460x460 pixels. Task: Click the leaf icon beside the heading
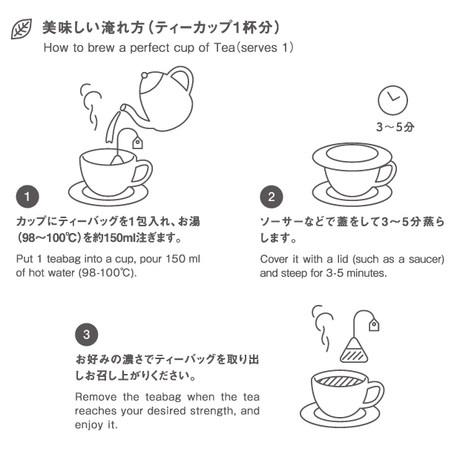(x=21, y=29)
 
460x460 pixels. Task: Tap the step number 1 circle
(x=27, y=197)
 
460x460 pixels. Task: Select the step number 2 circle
(x=272, y=197)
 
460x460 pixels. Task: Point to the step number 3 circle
(x=87, y=335)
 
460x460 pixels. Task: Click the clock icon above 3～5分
(x=392, y=100)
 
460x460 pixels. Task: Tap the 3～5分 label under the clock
(x=395, y=128)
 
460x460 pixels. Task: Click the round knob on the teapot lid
(x=145, y=76)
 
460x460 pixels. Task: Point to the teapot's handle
(x=186, y=77)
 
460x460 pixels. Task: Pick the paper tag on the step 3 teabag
(x=374, y=324)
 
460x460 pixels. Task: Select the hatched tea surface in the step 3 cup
(x=341, y=381)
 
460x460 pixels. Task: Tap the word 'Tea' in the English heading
(x=225, y=47)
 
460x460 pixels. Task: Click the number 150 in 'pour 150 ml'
(x=176, y=259)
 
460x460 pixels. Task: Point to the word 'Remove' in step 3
(x=96, y=397)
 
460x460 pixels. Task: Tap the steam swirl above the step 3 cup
(x=323, y=328)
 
